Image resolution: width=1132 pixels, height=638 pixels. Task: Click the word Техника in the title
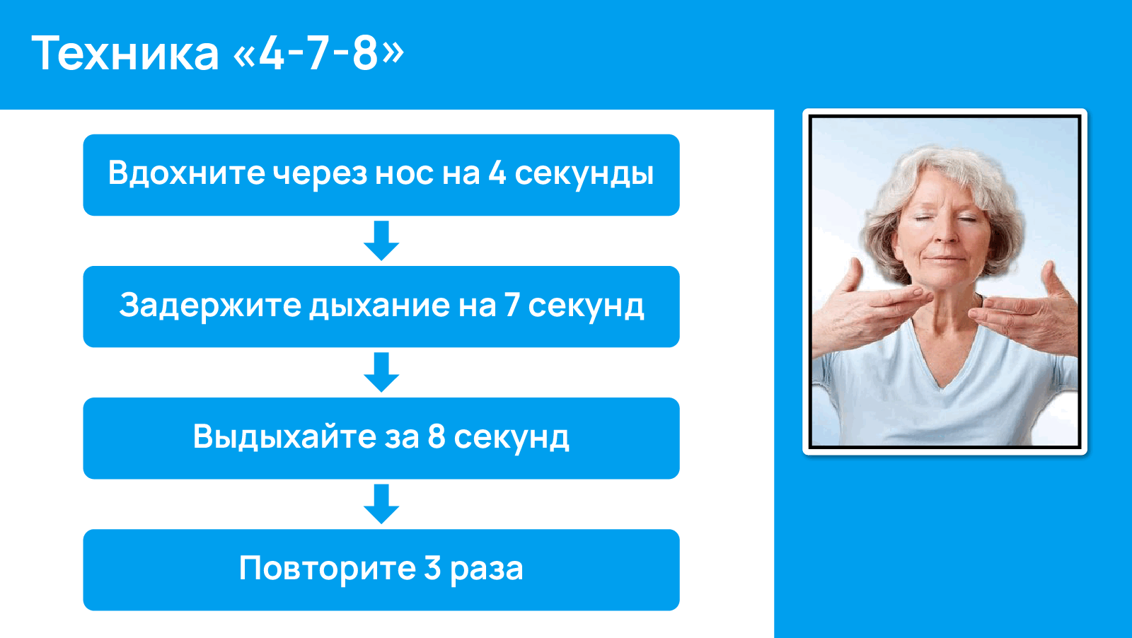click(x=125, y=53)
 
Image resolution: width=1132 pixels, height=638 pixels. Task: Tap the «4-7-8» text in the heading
click(x=318, y=53)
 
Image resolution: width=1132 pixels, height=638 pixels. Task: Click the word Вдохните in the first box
click(x=186, y=173)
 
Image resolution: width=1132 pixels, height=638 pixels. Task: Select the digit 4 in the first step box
click(x=497, y=173)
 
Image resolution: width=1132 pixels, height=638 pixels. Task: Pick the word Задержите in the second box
click(x=210, y=306)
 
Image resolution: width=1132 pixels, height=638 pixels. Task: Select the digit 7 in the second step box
click(x=512, y=306)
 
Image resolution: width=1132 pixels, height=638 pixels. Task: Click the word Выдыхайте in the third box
click(x=284, y=437)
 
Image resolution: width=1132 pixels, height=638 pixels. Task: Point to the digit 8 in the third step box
click(x=437, y=437)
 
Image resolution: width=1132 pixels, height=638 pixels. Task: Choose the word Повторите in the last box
click(x=327, y=569)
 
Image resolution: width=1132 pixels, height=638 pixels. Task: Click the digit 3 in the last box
click(x=432, y=569)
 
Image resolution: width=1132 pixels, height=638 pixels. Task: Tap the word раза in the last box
click(x=487, y=569)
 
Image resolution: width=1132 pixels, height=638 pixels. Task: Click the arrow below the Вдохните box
click(x=381, y=240)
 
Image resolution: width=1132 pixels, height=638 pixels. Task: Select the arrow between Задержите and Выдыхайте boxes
click(x=381, y=372)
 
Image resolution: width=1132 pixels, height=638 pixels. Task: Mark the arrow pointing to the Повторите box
click(x=381, y=504)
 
